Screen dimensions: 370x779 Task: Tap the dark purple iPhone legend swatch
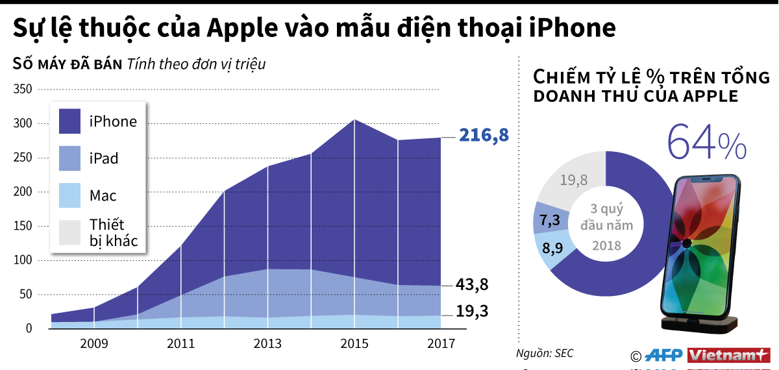coord(69,121)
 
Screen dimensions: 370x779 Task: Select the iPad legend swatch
coord(69,158)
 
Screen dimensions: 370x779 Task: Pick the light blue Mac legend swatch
coord(69,195)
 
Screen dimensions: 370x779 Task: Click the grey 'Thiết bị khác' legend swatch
coord(69,232)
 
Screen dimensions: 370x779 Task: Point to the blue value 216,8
coord(484,136)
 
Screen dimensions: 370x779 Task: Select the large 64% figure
coord(706,143)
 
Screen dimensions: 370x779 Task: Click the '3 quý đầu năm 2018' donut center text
coord(606,227)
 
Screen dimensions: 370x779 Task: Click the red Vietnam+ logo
coord(728,355)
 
